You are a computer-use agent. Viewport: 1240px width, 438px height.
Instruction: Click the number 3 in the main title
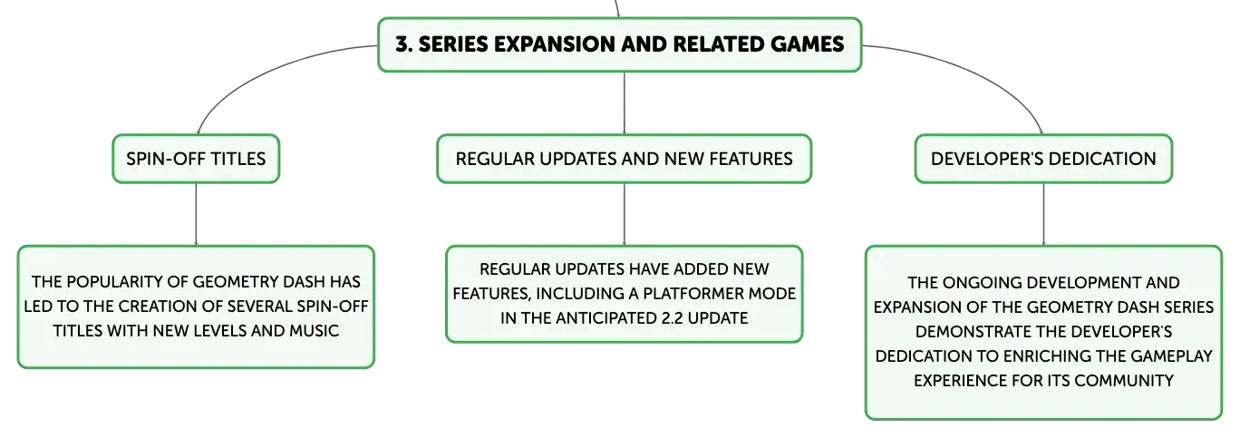tap(403, 44)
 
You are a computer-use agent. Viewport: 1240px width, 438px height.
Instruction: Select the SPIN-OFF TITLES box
tap(196, 159)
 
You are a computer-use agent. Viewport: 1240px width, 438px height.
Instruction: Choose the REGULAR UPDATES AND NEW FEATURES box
tap(624, 159)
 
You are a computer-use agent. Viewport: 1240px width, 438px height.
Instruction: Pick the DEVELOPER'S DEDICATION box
tap(1043, 159)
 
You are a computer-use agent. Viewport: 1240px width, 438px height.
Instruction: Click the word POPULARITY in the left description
tap(115, 282)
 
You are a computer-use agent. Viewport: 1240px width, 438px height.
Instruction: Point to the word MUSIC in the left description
tap(315, 331)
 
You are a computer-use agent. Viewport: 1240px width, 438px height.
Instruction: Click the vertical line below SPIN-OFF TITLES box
tap(196, 214)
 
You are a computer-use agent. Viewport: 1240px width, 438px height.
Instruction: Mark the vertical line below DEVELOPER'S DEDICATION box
tap(1044, 214)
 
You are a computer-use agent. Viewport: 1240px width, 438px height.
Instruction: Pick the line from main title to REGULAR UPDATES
tap(625, 103)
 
